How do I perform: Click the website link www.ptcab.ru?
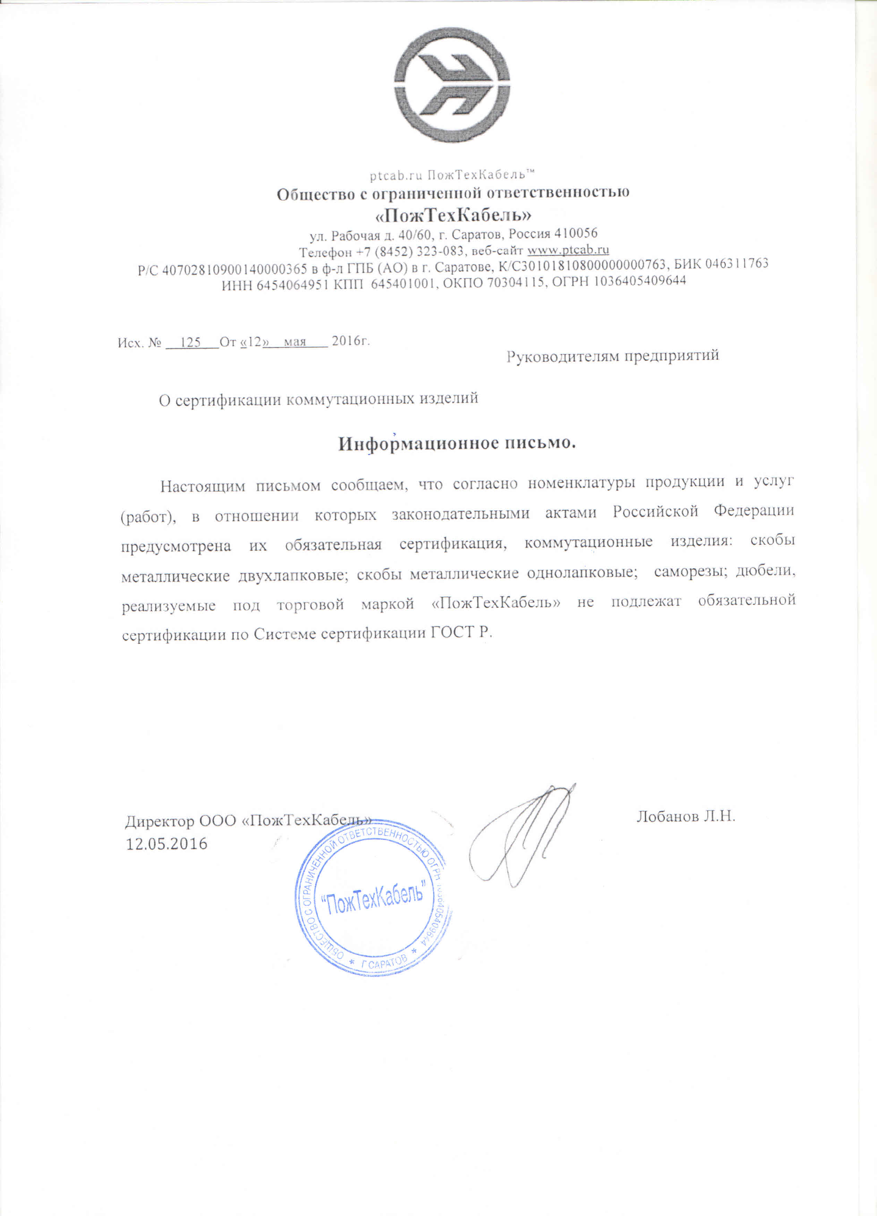(568, 250)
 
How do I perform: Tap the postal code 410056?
(576, 233)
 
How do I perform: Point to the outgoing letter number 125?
(190, 342)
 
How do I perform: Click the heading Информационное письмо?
(457, 444)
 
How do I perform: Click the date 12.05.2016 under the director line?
(166, 844)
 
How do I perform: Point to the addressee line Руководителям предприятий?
(612, 355)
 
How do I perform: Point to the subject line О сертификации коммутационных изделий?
(318, 399)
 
